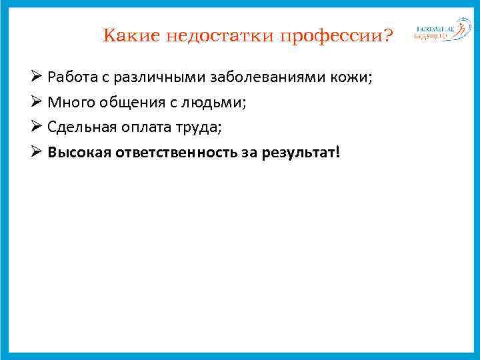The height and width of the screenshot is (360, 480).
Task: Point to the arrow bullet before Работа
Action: [x=37, y=77]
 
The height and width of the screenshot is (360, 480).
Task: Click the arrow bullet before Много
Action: [x=37, y=103]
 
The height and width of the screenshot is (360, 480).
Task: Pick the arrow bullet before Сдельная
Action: [x=37, y=128]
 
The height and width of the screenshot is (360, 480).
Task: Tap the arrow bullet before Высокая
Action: [x=37, y=153]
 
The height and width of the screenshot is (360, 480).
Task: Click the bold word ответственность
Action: [x=175, y=153]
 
